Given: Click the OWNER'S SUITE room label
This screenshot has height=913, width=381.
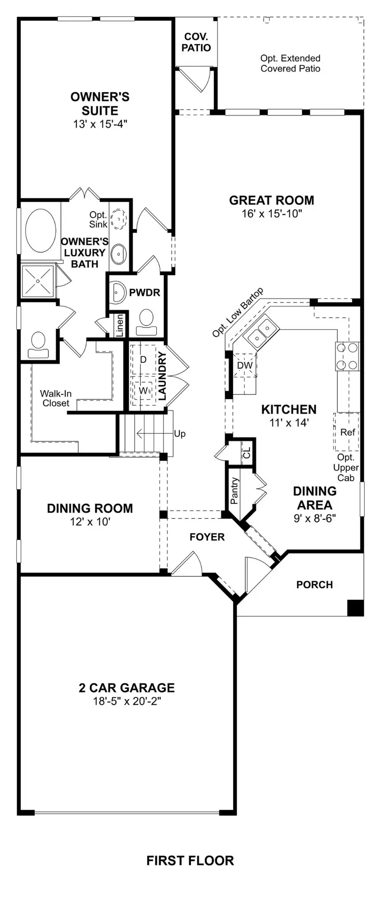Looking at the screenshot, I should [100, 104].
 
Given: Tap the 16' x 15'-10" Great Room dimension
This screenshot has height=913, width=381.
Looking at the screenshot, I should [272, 214].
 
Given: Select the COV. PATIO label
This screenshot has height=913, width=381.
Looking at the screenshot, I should [196, 43].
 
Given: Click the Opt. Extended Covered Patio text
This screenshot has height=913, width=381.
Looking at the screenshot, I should [290, 64].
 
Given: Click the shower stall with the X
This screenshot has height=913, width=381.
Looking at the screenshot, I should [38, 281].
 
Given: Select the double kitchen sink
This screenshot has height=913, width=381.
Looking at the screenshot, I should [261, 332].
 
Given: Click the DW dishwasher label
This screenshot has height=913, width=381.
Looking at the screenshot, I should [245, 366].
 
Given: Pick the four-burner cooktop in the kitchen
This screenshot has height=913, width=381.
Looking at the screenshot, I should [348, 356].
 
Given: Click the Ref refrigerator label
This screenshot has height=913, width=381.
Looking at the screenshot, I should [348, 432].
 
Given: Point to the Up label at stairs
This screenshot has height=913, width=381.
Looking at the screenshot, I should [179, 434].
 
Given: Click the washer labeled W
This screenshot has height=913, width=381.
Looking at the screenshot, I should [143, 390].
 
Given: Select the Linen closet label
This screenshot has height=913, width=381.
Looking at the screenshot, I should [120, 325].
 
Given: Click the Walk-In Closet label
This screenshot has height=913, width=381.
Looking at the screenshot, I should [55, 398].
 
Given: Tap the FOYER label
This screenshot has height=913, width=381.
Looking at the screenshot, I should [207, 537].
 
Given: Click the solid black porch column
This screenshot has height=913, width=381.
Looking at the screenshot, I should [355, 608].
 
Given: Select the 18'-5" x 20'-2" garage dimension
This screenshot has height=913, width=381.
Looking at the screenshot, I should [127, 701].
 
